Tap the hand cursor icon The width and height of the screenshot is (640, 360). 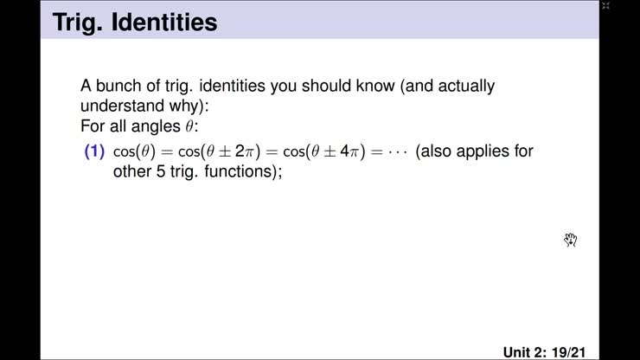pyautogui.click(x=571, y=240)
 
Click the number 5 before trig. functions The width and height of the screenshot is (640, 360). pyautogui.click(x=157, y=171)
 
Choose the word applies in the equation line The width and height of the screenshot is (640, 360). pyautogui.click(x=483, y=152)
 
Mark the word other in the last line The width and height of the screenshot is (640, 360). pyautogui.click(x=131, y=171)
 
